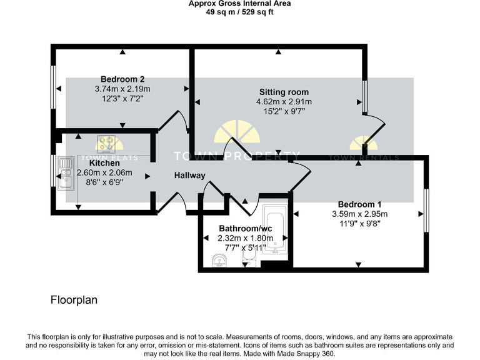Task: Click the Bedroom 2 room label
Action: point(122,79)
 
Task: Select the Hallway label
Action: point(189,176)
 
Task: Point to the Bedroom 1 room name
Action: point(359,204)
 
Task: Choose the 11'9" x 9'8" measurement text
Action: point(359,223)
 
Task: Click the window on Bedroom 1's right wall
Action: point(427,211)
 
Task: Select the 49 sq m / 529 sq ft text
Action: point(239,11)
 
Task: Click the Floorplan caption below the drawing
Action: point(74,301)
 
